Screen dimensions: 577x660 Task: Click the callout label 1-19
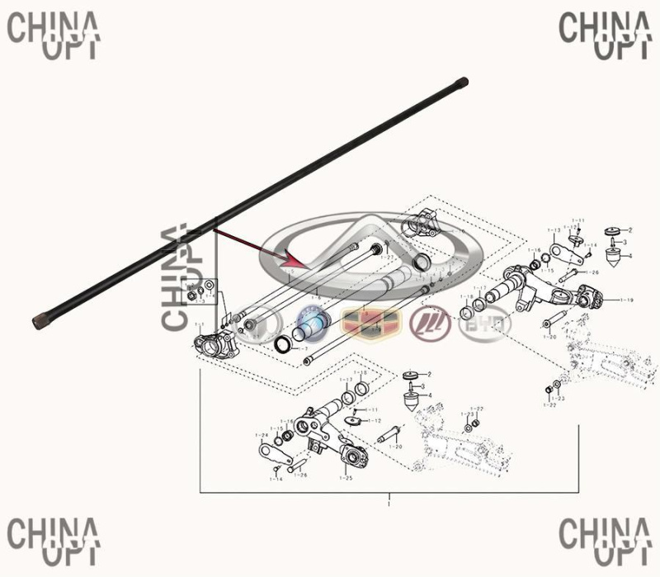coord(626,299)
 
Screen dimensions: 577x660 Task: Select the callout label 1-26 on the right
coord(592,272)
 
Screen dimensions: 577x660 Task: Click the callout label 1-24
coord(262,434)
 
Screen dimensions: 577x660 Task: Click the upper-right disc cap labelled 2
coord(613,230)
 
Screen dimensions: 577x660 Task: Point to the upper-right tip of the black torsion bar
coord(464,81)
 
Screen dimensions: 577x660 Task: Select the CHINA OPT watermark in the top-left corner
coord(53,33)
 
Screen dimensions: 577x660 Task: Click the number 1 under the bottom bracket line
coord(389,503)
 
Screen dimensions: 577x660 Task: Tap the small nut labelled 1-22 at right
coord(550,389)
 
